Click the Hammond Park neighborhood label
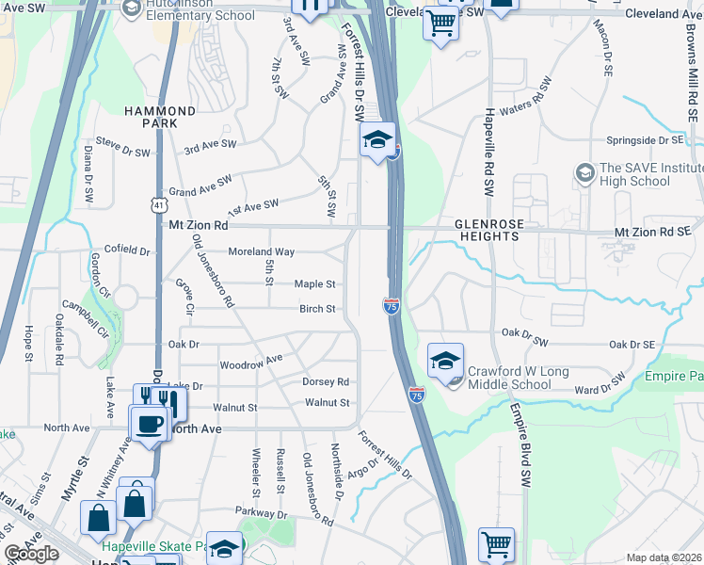click(161, 118)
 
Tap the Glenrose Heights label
click(487, 231)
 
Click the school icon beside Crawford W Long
click(445, 361)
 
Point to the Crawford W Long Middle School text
click(516, 378)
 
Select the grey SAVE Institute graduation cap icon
click(584, 173)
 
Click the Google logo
click(31, 554)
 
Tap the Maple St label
click(314, 283)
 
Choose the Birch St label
click(317, 309)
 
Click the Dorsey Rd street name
click(326, 381)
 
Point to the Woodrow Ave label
click(250, 362)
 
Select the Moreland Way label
click(262, 251)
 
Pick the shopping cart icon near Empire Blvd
click(497, 544)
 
